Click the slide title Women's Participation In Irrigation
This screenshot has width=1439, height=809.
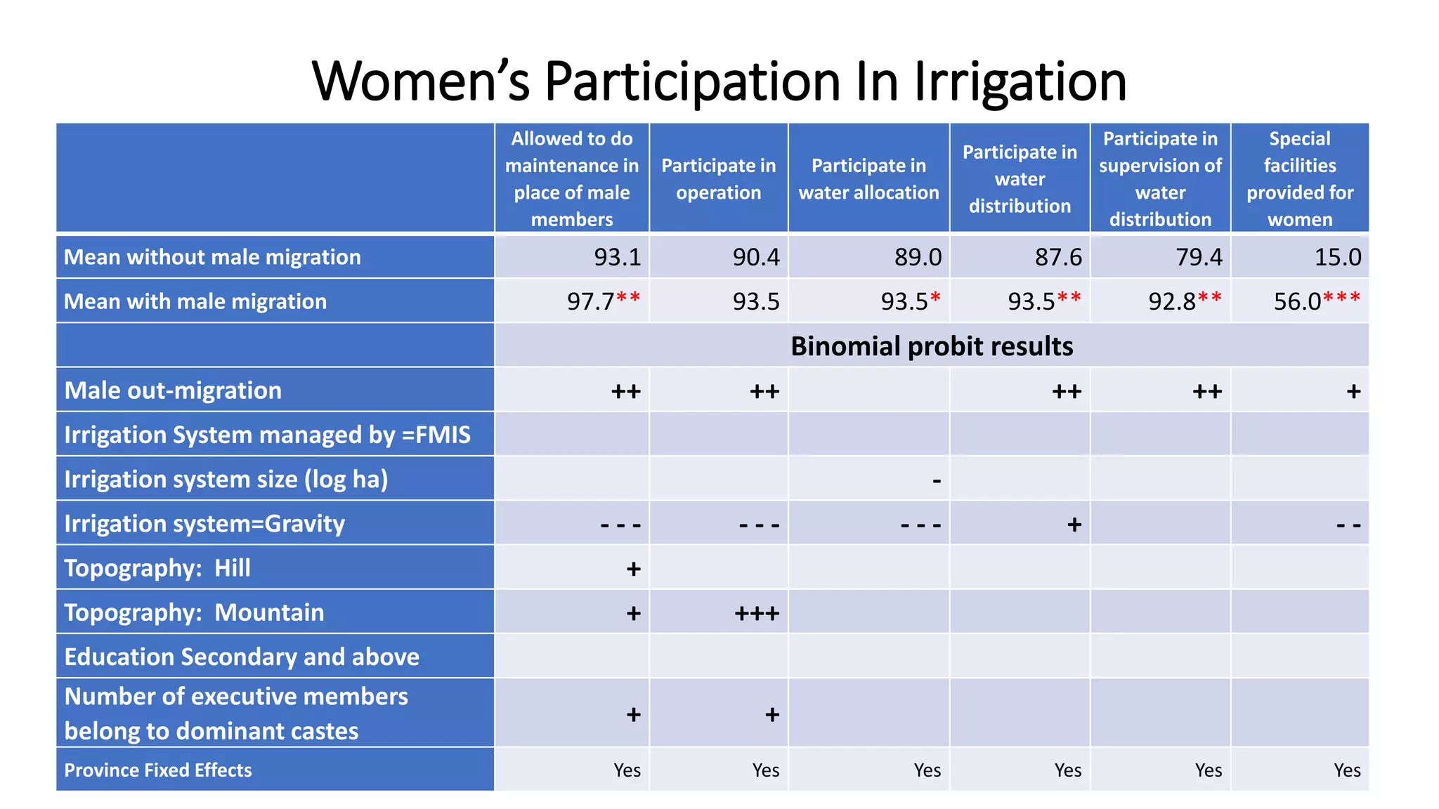(719, 81)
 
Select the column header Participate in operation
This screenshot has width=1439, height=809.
(718, 178)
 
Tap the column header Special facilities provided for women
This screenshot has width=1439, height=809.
(1299, 178)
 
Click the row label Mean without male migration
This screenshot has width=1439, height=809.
(212, 257)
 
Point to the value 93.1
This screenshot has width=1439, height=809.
(617, 257)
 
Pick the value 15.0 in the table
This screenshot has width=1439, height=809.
(1337, 257)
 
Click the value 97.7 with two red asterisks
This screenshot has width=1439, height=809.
(603, 301)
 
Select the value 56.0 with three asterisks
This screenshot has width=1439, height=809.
(1316, 301)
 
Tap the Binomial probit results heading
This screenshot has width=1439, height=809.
(932, 346)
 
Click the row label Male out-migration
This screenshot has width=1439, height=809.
(173, 390)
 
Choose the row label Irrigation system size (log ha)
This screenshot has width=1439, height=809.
(226, 479)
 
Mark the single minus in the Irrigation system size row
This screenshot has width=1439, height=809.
(936, 481)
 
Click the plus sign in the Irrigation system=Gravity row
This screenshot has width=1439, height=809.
(1074, 525)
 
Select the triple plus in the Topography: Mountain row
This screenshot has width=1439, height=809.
(757, 614)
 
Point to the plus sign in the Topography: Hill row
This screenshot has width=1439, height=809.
(633, 569)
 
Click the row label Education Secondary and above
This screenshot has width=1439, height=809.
(242, 657)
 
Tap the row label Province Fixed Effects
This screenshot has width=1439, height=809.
(158, 770)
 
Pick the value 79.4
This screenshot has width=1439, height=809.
(1199, 257)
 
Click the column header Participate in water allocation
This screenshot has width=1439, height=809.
(868, 178)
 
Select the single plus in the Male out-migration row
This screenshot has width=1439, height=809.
(1353, 391)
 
